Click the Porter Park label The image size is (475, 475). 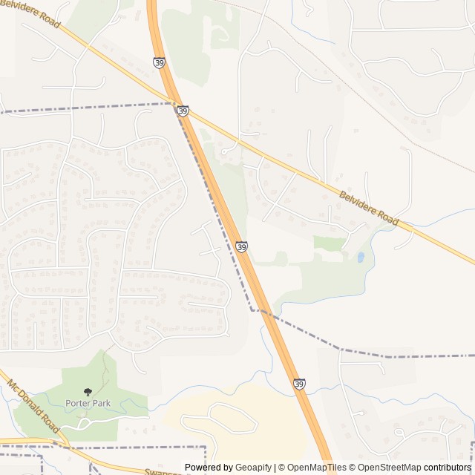[x=88, y=403]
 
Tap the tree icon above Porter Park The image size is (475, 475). [x=88, y=391]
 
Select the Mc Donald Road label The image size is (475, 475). [x=33, y=409]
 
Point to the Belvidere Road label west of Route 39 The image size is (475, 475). [x=30, y=14]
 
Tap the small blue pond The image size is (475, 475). [x=361, y=258]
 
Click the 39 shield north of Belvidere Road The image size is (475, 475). [x=160, y=63]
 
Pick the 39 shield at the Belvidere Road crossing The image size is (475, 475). [x=183, y=111]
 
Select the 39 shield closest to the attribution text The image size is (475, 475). [x=299, y=384]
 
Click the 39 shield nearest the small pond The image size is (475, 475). [x=242, y=246]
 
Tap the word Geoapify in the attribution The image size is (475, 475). [x=253, y=468]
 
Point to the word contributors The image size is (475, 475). [x=448, y=468]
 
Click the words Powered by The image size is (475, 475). [x=209, y=468]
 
